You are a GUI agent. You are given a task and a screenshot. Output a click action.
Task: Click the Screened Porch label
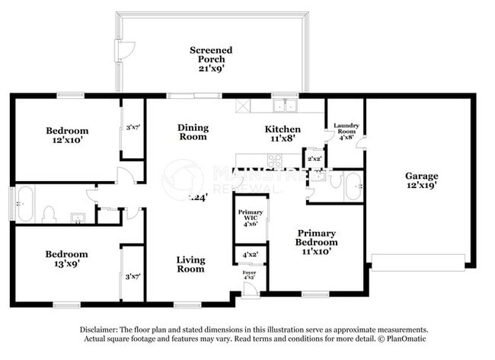[x=211, y=58]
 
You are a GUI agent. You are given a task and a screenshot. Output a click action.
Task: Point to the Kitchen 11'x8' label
[x=282, y=134]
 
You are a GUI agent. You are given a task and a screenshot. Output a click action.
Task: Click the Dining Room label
[x=193, y=132]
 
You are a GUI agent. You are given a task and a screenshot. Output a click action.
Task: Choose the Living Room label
[x=190, y=264]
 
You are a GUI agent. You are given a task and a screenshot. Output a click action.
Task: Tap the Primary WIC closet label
[x=250, y=218]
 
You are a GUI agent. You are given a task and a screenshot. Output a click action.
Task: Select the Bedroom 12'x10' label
[x=67, y=135]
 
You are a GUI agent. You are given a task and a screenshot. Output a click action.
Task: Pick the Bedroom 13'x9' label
[x=66, y=259]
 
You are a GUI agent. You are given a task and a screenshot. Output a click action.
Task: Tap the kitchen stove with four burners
[x=273, y=161]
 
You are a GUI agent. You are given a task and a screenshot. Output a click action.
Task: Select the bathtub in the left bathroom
[x=24, y=204]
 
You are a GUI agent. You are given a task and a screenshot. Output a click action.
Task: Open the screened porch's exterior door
[x=120, y=49]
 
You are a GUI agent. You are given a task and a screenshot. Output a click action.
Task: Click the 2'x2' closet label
[x=314, y=160]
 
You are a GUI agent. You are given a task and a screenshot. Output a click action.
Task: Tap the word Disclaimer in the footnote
[x=103, y=330]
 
